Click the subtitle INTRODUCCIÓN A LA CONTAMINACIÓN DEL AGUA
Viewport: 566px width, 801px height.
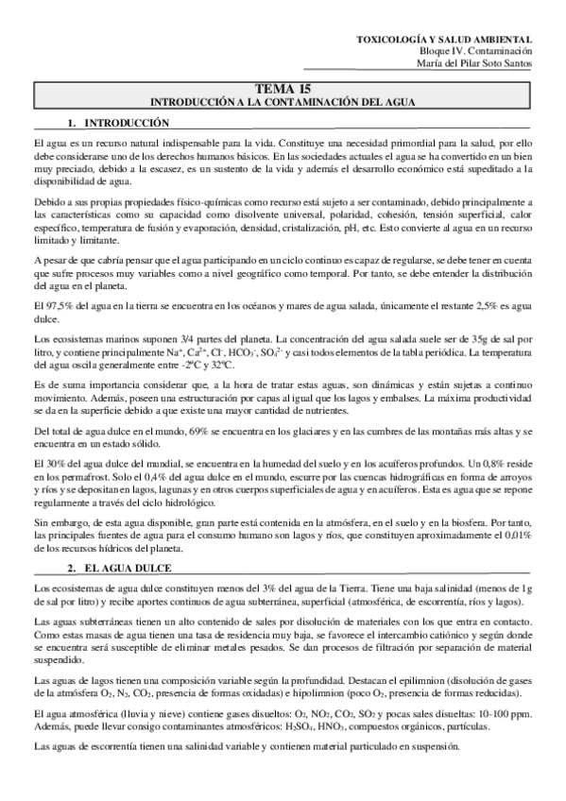click(283, 99)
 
